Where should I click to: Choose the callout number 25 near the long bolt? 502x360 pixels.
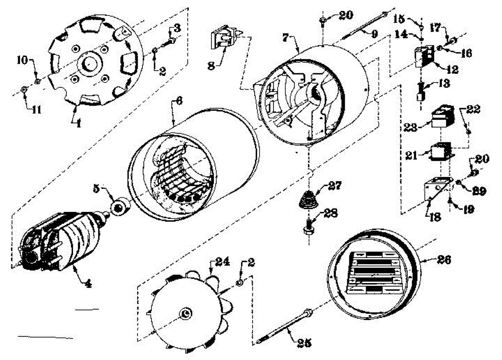point(305,343)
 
